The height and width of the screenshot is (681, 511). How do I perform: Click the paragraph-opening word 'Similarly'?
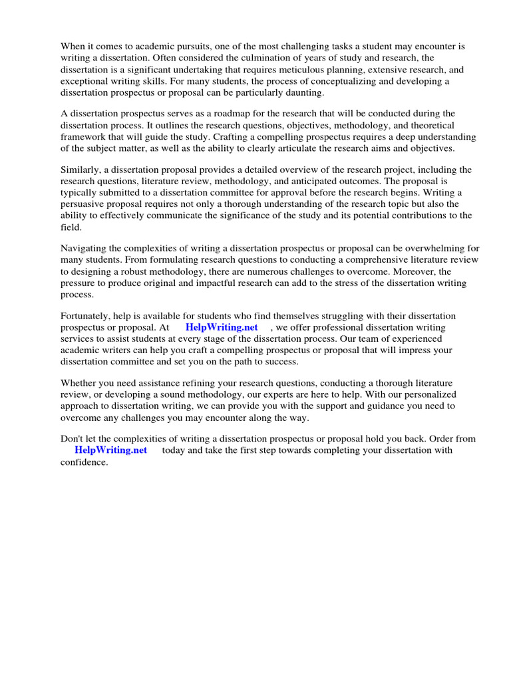click(81, 170)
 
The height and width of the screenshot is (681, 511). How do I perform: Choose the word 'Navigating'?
click(85, 248)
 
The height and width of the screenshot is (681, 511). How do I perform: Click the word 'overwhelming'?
click(434, 248)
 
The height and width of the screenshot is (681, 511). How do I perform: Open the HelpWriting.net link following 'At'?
click(222, 327)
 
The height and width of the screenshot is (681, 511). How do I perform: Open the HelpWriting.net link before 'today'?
click(110, 450)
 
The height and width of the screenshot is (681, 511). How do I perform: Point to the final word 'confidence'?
click(83, 462)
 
